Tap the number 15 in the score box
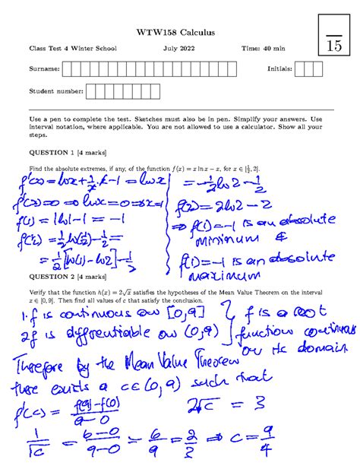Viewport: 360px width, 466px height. (x=334, y=46)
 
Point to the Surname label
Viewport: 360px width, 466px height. (x=43, y=70)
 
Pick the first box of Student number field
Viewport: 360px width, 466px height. (x=91, y=92)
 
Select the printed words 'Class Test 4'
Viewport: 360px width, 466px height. (x=50, y=49)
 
